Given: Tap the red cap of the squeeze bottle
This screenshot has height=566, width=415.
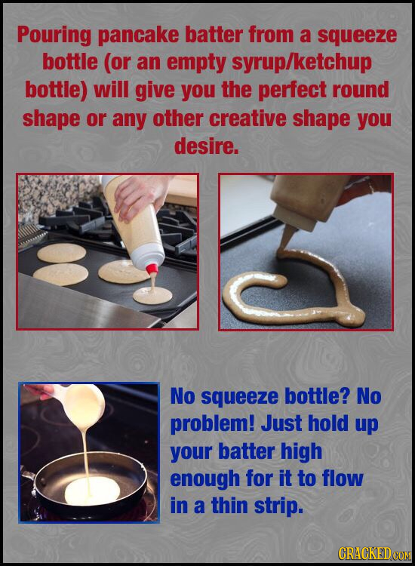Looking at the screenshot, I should (x=152, y=269).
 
